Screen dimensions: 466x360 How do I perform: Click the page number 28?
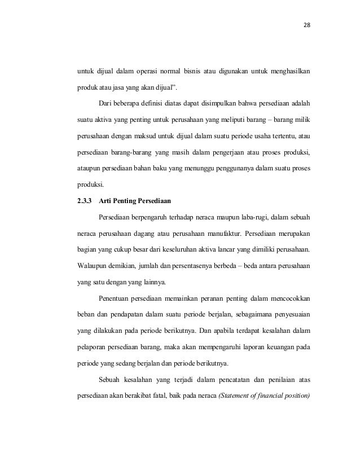pos(308,25)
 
